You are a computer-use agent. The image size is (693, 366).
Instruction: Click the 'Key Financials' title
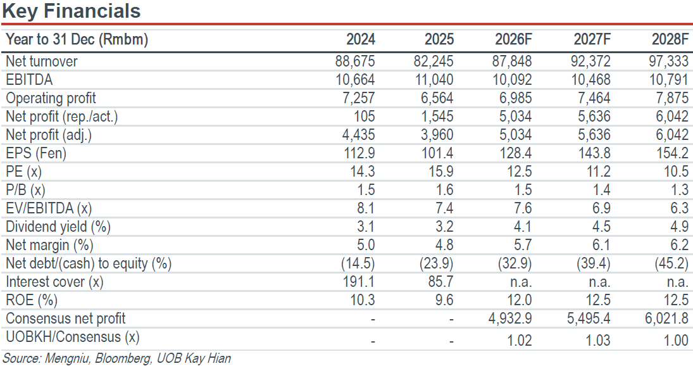tap(71, 11)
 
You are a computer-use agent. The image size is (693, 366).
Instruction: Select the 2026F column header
tap(513, 39)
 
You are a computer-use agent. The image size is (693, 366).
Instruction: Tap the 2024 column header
tap(360, 39)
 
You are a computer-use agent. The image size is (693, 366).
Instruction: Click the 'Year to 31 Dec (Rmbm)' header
tap(77, 39)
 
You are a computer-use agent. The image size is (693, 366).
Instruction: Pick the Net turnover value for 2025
tap(433, 61)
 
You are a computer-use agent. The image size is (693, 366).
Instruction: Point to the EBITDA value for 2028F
tap(668, 80)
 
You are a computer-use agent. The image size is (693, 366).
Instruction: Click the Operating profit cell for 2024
tap(358, 98)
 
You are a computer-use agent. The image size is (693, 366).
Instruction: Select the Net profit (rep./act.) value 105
tap(364, 117)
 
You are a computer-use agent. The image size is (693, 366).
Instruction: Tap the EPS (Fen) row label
tap(36, 153)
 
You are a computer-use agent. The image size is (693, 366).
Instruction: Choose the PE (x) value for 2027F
tap(599, 172)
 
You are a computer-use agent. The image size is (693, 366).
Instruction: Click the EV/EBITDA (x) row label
tap(49, 208)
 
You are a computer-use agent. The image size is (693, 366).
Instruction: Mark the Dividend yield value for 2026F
tap(522, 227)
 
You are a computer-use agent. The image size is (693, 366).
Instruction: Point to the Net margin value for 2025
tap(444, 245)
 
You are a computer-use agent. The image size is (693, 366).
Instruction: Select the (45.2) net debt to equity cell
tap(671, 263)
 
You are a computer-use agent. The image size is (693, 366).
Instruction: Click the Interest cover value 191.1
tap(359, 282)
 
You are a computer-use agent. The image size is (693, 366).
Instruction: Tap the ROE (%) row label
tap(32, 300)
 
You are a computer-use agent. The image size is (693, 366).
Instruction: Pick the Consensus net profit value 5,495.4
tap(589, 319)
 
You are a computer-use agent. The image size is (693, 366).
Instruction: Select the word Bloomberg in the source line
tap(123, 358)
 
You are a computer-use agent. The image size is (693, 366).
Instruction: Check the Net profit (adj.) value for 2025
tap(437, 135)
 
